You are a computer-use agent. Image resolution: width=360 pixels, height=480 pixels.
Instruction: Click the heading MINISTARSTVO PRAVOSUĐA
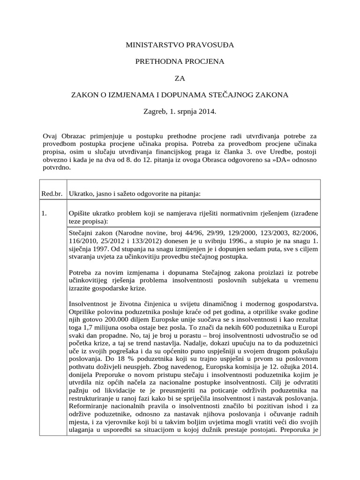pyautogui.click(x=180, y=45)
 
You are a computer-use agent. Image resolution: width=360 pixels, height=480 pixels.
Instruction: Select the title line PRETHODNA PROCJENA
pyautogui.click(x=180, y=61)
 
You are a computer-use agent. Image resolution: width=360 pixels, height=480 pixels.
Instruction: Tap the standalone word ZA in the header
pyautogui.click(x=180, y=78)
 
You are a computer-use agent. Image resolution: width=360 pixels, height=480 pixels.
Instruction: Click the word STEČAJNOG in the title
pyautogui.click(x=239, y=95)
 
